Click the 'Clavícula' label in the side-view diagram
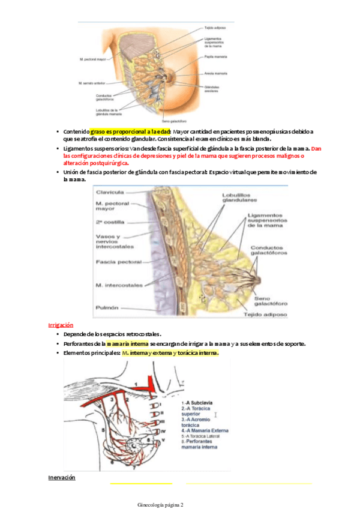(110, 192)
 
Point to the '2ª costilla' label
(110, 221)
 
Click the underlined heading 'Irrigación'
(61, 325)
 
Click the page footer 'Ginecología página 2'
(161, 505)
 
